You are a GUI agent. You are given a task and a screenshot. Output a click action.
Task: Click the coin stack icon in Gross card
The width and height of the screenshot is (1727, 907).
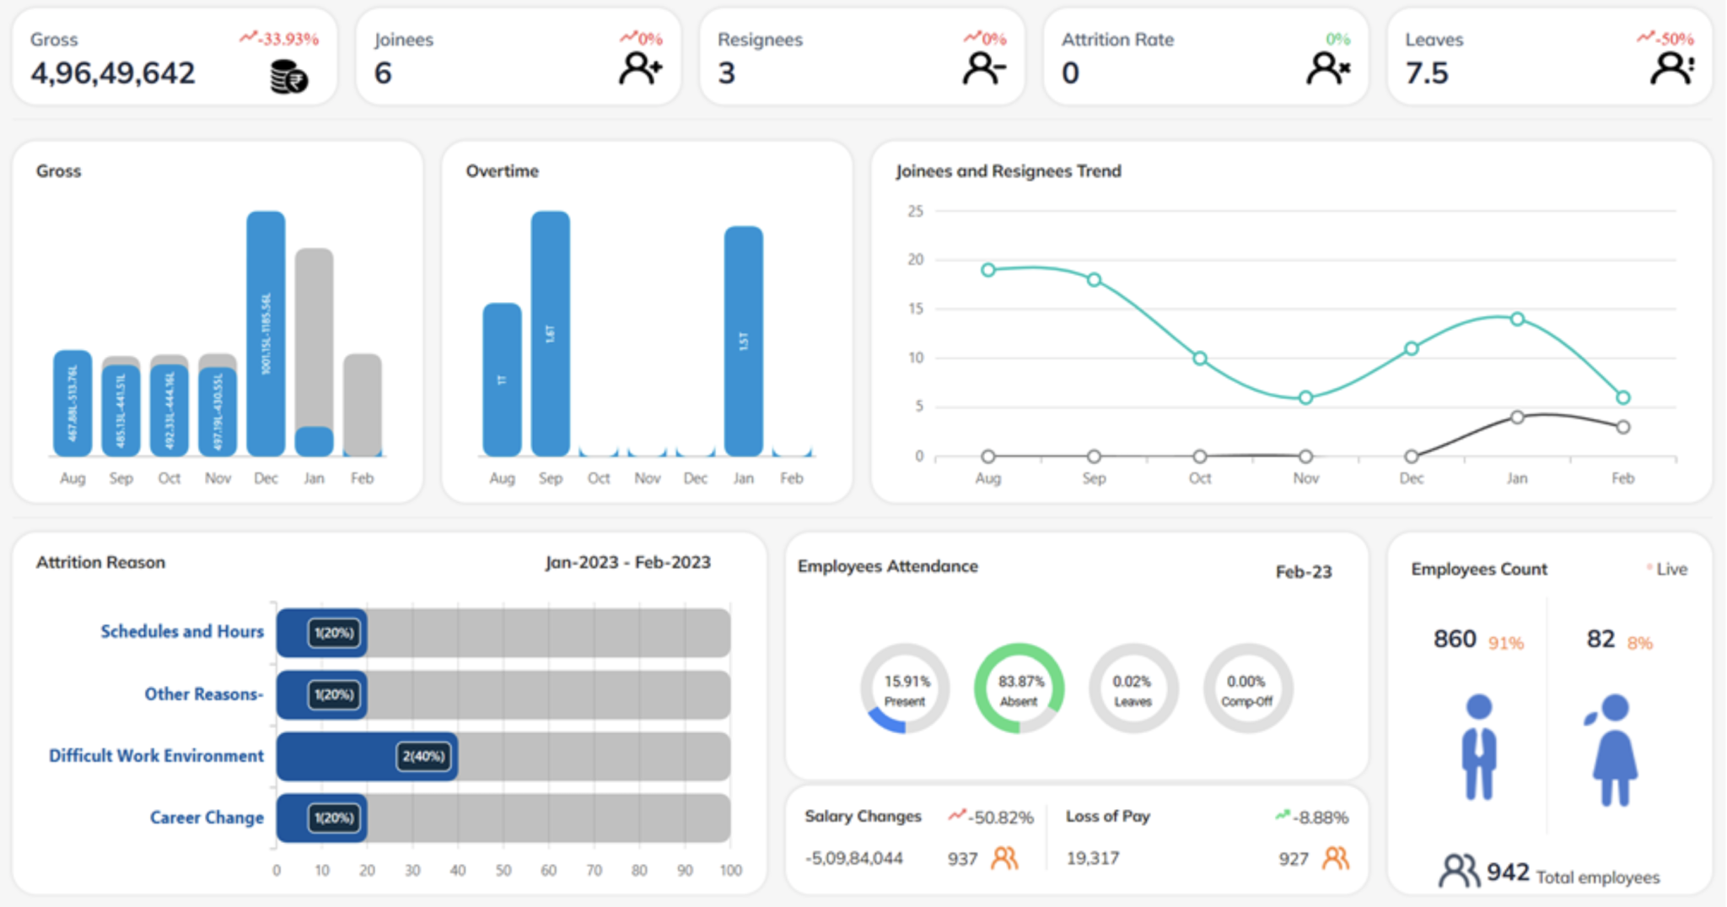[x=288, y=77]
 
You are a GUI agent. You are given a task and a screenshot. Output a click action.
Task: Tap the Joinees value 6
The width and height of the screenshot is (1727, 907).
[x=383, y=73]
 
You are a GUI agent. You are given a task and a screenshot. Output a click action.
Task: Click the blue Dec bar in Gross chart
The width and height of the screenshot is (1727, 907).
[x=266, y=333]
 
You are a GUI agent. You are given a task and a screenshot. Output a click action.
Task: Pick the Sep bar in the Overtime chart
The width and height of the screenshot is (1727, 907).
[x=550, y=333]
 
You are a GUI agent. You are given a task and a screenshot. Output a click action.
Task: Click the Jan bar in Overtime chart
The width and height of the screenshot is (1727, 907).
[x=743, y=341]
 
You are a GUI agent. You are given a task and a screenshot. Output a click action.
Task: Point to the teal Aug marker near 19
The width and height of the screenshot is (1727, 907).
[x=988, y=270]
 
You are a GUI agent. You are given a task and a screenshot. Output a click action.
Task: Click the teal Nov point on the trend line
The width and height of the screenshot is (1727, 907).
[x=1305, y=397]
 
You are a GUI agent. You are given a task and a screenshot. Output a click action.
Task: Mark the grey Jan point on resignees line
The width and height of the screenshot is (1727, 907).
[x=1517, y=418]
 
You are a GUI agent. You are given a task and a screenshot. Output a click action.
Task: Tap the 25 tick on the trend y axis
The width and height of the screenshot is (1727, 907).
[x=915, y=211]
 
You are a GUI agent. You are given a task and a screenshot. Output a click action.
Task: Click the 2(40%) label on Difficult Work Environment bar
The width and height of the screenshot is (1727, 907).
[x=423, y=756]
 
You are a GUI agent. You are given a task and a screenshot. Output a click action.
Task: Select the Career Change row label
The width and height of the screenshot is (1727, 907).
[x=207, y=818]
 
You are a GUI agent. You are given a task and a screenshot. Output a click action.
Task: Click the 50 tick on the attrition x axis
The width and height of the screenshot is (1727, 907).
[x=503, y=870]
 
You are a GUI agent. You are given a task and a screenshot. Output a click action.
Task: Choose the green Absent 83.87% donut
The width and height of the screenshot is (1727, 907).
[x=1020, y=688]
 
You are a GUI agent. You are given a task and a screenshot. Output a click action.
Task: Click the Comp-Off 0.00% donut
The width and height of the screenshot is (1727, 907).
[x=1247, y=688]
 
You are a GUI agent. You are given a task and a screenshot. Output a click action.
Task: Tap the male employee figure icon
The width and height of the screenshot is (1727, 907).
[x=1479, y=747]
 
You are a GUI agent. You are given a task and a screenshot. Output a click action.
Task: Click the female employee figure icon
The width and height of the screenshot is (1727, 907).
[x=1614, y=749]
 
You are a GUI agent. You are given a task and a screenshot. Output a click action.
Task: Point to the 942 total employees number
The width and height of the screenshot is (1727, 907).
[x=1508, y=872]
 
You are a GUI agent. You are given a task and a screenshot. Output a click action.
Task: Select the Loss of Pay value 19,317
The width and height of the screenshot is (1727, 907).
[x=1093, y=858]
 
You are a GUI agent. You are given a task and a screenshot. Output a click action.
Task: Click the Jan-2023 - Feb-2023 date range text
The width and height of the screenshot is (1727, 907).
[x=627, y=563]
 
